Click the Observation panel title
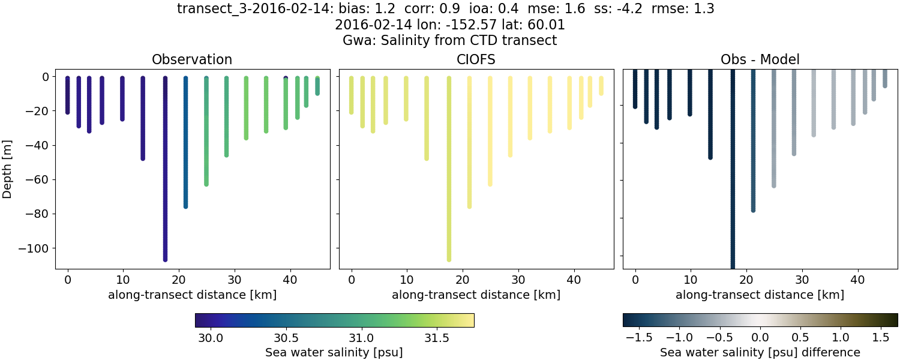click(x=192, y=59)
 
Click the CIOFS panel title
click(x=476, y=59)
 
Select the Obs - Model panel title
click(x=760, y=59)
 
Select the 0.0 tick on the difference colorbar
click(x=760, y=338)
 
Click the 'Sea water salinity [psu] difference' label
click(x=760, y=352)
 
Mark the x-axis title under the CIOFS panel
click(x=476, y=295)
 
